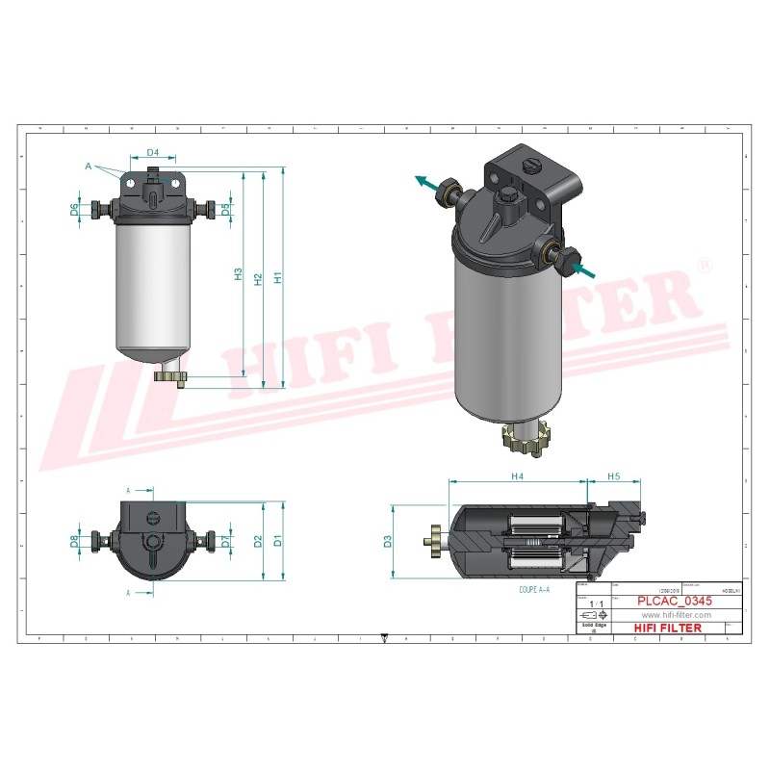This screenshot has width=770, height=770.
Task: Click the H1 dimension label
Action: point(278,277)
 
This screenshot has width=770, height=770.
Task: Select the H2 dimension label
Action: point(258,278)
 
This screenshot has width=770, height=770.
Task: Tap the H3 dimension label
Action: point(239,274)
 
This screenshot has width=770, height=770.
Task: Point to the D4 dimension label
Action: point(152,153)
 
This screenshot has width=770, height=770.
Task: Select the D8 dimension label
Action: point(75,541)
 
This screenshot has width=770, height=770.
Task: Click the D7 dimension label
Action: point(225,541)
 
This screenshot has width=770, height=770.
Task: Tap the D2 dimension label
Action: point(258,541)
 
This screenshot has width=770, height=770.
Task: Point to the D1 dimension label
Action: point(278,541)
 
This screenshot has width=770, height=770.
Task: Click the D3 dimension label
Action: point(388,542)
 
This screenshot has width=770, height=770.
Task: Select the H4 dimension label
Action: point(517,476)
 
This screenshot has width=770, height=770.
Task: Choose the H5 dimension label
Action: point(614,476)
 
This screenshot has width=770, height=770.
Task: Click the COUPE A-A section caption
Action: point(534,588)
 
